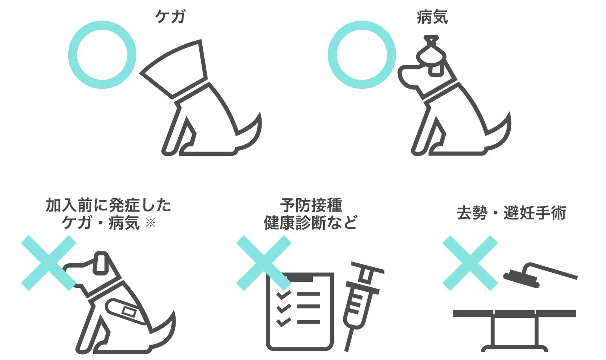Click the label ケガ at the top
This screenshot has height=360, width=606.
click(170, 17)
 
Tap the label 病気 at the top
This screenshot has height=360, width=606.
click(432, 17)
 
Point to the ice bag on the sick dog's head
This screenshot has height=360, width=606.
click(431, 56)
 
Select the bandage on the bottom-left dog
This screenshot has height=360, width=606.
click(127, 311)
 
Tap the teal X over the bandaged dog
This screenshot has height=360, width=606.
click(49, 263)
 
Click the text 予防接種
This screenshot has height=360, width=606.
click(311, 205)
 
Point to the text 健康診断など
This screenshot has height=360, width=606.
click(310, 223)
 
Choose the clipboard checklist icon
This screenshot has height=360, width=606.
click(300, 311)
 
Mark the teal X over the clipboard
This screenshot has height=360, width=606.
click(264, 263)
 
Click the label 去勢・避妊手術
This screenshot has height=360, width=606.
click(511, 213)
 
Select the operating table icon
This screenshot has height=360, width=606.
click(514, 330)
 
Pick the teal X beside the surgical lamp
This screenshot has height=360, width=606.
click(470, 263)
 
